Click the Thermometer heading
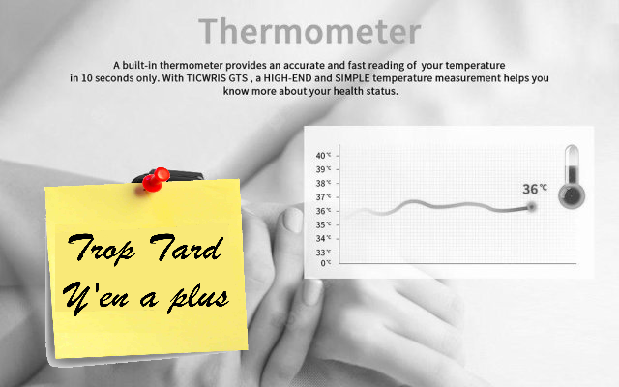click(309, 30)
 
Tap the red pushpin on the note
click(154, 178)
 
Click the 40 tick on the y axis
click(322, 155)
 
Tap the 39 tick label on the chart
click(322, 168)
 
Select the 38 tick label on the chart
click(322, 182)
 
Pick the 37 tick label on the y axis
click(322, 196)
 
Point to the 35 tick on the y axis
click(322, 224)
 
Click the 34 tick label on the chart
click(322, 238)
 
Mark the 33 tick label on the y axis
click(322, 252)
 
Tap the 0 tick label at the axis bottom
click(326, 262)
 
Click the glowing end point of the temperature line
click(531, 206)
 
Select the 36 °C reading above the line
click(535, 189)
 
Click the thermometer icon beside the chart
click(572, 177)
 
